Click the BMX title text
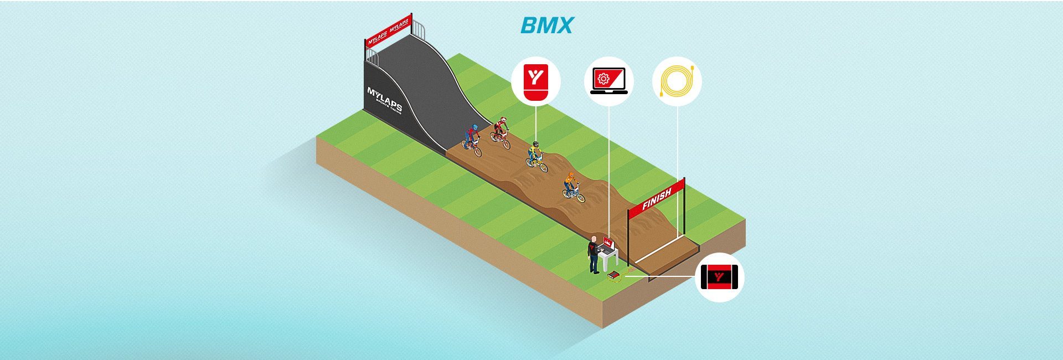tap(546, 25)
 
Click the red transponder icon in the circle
tap(535, 83)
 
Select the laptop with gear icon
tap(608, 83)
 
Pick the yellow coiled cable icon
tap(677, 83)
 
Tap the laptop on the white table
tap(608, 244)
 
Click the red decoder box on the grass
tap(613, 275)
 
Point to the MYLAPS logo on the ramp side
tap(385, 100)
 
